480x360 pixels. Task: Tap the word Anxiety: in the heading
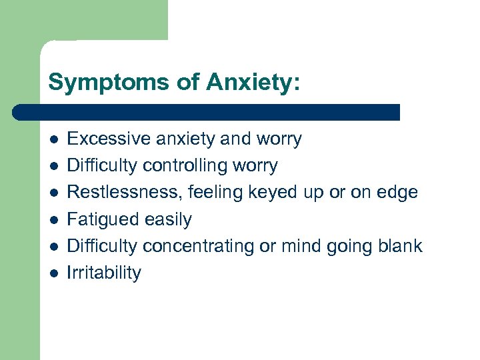[x=253, y=82]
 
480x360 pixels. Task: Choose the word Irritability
[x=104, y=272]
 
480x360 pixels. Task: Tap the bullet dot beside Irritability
[x=53, y=273]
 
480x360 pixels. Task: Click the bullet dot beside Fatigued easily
[x=53, y=220]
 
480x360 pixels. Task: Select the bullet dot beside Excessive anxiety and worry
[x=53, y=140]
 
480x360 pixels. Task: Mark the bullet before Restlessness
[x=53, y=193]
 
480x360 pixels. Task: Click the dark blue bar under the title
[x=207, y=112]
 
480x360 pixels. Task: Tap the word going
[x=349, y=246]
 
